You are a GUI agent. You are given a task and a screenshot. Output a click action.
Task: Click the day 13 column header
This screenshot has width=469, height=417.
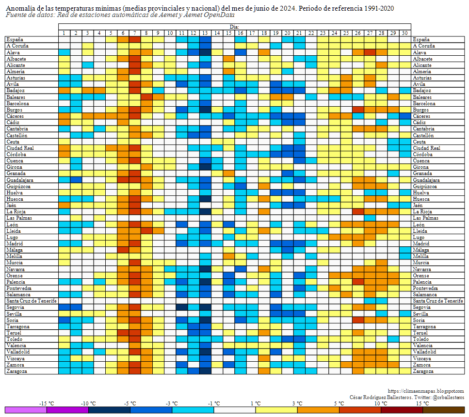pyautogui.click(x=205, y=33)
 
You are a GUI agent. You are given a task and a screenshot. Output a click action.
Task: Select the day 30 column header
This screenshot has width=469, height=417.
pyautogui.click(x=405, y=33)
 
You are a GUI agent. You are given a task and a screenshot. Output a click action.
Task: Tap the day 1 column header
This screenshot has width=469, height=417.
pyautogui.click(x=64, y=33)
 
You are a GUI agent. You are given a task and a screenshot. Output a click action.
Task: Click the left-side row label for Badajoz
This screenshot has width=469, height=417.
pyautogui.click(x=16, y=91)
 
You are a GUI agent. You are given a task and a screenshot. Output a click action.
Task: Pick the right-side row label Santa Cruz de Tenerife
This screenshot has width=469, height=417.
pyautogui.click(x=437, y=301)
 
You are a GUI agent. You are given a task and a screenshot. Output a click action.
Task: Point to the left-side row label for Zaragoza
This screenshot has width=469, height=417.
pyautogui.click(x=16, y=371)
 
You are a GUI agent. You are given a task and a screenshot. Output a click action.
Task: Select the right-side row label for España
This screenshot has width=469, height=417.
pyautogui.click(x=421, y=39)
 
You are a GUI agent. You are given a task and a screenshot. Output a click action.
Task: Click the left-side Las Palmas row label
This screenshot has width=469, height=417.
pyautogui.click(x=18, y=218)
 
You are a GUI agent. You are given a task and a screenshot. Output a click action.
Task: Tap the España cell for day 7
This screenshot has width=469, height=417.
pyautogui.click(x=134, y=39)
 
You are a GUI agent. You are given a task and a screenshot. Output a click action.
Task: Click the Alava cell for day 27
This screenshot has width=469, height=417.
pyautogui.click(x=370, y=52)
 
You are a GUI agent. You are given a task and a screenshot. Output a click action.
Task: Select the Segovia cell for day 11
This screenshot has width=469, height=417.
pyautogui.click(x=181, y=307)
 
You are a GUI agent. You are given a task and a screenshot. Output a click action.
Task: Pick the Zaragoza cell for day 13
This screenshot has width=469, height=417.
pyautogui.click(x=205, y=371)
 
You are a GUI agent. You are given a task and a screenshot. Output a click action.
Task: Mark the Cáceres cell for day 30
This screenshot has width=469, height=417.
pyautogui.click(x=405, y=116)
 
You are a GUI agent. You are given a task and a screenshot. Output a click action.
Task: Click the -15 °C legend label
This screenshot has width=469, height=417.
pyautogui.click(x=47, y=403)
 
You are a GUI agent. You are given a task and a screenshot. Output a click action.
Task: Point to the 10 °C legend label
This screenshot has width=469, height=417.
pyautogui.click(x=381, y=403)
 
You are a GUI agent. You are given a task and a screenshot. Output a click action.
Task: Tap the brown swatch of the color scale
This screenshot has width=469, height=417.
pyautogui.click(x=444, y=410)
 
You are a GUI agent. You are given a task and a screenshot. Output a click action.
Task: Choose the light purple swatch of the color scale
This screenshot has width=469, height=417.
pyautogui.click(x=26, y=410)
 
